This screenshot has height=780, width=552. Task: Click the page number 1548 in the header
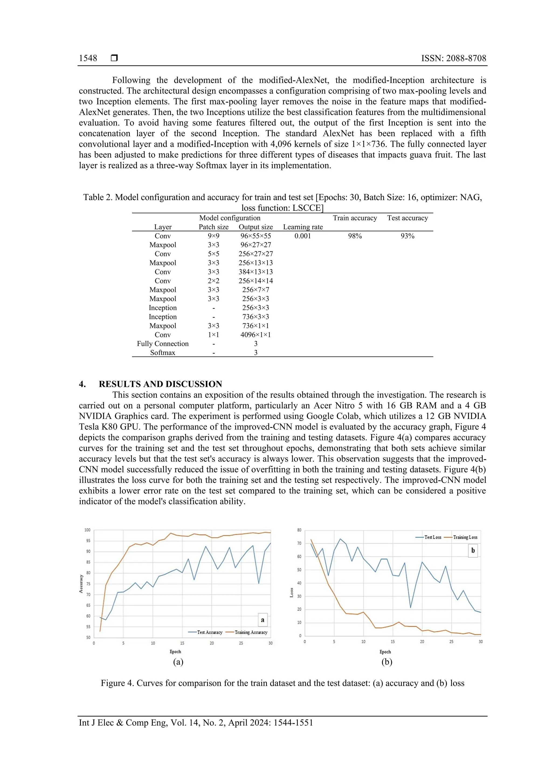88,58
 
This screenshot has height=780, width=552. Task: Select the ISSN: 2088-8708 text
454,58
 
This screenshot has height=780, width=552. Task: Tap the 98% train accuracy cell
355,236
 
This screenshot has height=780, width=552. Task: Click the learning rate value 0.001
303,236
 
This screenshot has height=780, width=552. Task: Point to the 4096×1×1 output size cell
256,335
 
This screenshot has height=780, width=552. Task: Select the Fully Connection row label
163,344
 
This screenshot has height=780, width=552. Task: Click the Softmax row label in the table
163,353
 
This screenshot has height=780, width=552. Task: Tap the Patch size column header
213,227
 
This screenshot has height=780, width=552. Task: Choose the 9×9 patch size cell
213,236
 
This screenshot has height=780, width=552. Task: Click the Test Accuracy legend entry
205,632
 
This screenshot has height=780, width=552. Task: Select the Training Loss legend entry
461,537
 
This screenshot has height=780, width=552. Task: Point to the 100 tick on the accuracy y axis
87,530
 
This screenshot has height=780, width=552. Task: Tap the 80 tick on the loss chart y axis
299,530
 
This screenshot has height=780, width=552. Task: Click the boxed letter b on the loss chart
473,551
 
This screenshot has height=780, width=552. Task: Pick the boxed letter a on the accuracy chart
263,620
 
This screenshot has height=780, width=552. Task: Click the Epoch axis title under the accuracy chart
175,652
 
